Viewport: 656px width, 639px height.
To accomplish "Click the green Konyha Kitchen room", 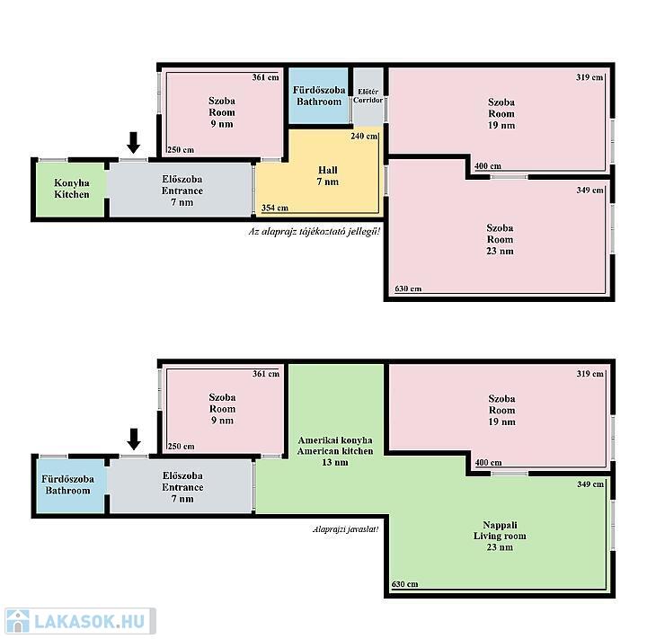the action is pyautogui.click(x=70, y=190).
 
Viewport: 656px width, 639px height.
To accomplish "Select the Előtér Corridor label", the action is pyautogui.click(x=368, y=96).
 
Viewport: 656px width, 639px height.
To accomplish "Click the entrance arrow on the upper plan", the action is pyautogui.click(x=134, y=143).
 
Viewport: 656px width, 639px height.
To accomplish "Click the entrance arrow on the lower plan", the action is pyautogui.click(x=134, y=439).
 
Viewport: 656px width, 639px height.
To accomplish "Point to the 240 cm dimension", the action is pyautogui.click(x=364, y=136).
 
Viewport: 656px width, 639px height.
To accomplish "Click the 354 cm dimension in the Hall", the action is pyautogui.click(x=274, y=208).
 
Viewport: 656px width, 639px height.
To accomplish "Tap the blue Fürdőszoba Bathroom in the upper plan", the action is pyautogui.click(x=319, y=96).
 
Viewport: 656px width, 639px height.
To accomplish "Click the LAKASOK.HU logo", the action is pyautogui.click(x=80, y=621).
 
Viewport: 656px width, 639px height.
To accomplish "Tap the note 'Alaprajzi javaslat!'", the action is pyautogui.click(x=346, y=529).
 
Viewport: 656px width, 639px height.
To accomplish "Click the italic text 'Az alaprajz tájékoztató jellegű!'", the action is pyautogui.click(x=315, y=231).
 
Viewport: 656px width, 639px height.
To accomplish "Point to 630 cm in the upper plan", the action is pyautogui.click(x=408, y=288).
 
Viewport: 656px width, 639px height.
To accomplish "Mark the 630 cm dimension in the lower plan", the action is pyautogui.click(x=404, y=584).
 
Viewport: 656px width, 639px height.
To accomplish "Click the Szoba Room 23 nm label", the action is pyautogui.click(x=500, y=239).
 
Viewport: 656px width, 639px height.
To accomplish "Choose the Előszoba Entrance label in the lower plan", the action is pyautogui.click(x=182, y=487).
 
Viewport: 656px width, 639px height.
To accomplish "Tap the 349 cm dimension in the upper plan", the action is pyautogui.click(x=590, y=190).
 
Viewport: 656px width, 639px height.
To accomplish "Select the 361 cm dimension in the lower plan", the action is pyautogui.click(x=266, y=374).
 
